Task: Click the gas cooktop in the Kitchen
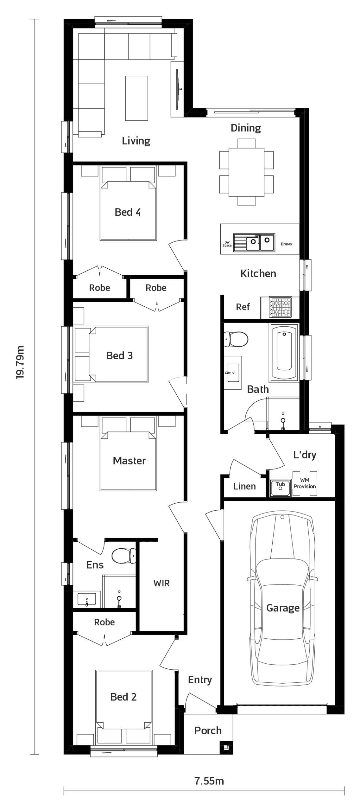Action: [280, 307]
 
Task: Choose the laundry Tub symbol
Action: [280, 487]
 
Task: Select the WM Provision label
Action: [305, 483]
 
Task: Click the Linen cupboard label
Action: [244, 486]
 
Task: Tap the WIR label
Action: [161, 583]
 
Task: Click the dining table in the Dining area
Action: [246, 172]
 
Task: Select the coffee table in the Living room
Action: [136, 98]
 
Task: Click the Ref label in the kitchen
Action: [243, 307]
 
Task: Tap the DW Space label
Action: [227, 244]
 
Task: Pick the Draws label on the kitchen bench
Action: [286, 244]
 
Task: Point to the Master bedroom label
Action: [129, 460]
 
